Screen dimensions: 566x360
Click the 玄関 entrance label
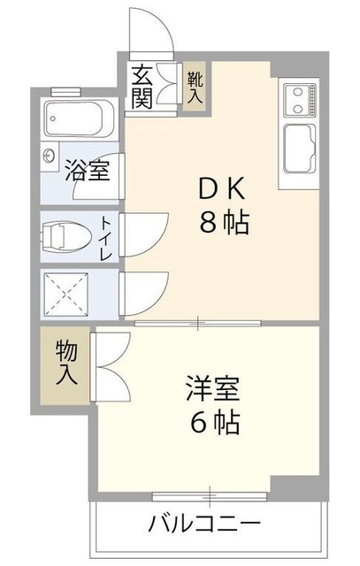142,86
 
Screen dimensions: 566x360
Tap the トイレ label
105,236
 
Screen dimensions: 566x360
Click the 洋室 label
211,389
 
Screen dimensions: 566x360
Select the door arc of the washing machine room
142,290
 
